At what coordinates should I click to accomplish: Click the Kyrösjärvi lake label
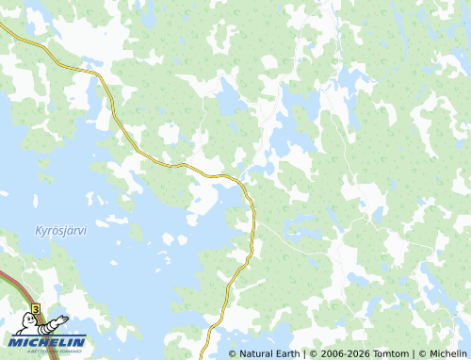(60, 231)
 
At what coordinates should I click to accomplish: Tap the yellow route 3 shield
(35, 308)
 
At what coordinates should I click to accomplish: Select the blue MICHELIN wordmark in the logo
(46, 341)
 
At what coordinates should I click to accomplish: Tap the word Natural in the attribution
(256, 353)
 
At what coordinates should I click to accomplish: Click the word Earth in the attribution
(286, 353)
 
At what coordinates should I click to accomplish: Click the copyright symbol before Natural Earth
(233, 353)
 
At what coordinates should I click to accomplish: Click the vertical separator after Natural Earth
(304, 353)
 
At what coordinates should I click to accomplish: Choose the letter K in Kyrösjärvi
(39, 231)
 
